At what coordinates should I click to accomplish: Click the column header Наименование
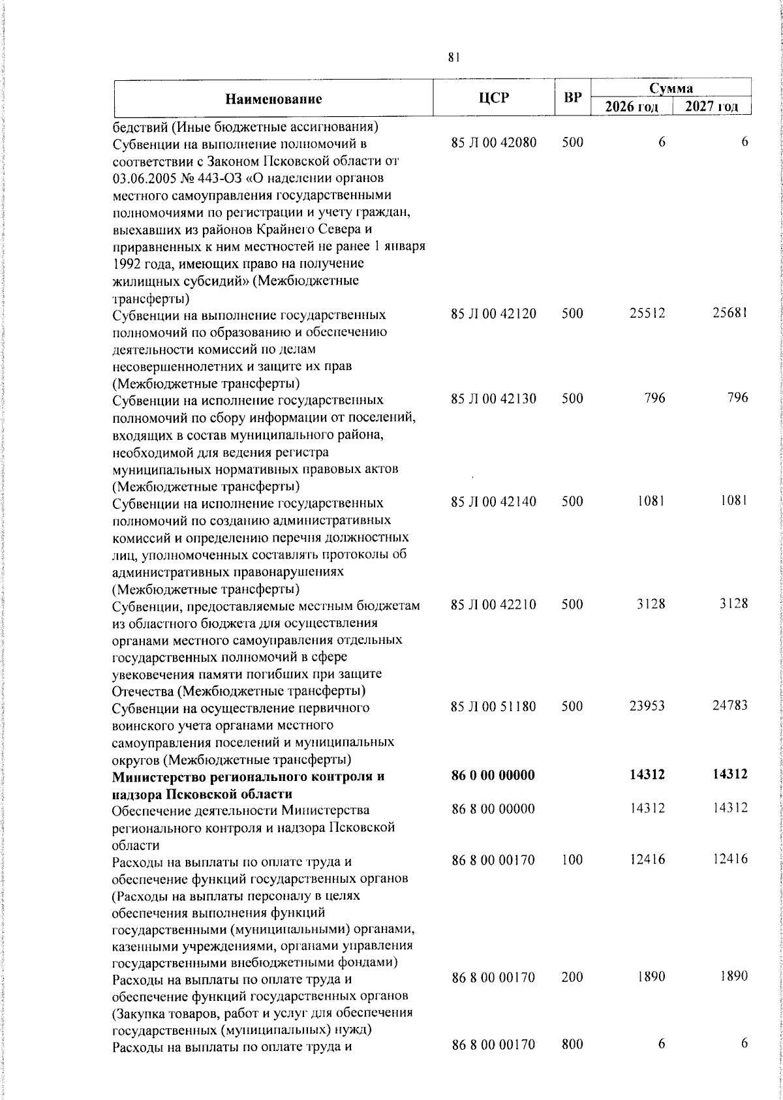(x=274, y=99)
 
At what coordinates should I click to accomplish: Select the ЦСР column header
(x=493, y=98)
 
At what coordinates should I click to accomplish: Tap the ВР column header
(x=572, y=99)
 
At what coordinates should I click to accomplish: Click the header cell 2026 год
(x=631, y=107)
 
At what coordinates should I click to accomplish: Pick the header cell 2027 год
(x=712, y=107)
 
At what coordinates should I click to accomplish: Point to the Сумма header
(x=671, y=88)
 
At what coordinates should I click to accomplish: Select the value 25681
(x=729, y=314)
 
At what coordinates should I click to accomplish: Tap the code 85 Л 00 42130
(x=493, y=399)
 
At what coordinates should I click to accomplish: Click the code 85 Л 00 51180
(x=493, y=706)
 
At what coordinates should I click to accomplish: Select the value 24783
(x=729, y=706)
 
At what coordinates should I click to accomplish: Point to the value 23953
(x=647, y=706)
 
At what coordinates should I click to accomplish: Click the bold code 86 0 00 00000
(x=493, y=775)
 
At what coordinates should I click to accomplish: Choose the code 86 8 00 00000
(x=493, y=809)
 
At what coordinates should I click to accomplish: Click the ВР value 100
(x=572, y=860)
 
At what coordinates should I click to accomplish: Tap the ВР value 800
(x=572, y=1045)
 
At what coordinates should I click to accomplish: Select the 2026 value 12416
(x=647, y=860)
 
